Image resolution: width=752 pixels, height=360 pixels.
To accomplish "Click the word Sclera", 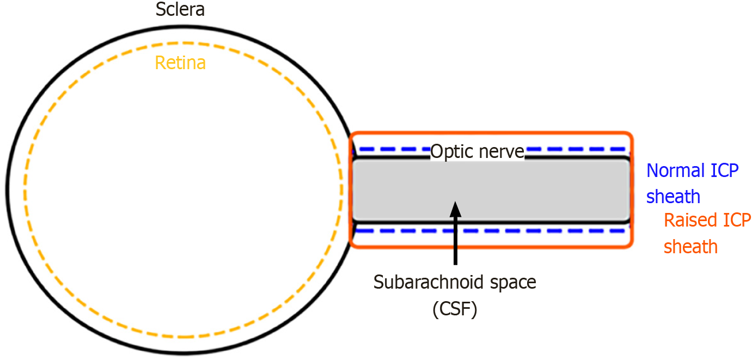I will point(180,9).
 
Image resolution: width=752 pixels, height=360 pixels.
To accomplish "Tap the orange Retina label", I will point(180,63).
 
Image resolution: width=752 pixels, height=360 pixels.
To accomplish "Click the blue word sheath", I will point(673,196).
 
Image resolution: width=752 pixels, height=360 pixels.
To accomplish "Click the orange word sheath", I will point(690,247).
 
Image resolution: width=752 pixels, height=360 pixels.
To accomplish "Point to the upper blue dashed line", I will point(572,149).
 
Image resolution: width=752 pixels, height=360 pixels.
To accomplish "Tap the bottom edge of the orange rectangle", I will point(545,247).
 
